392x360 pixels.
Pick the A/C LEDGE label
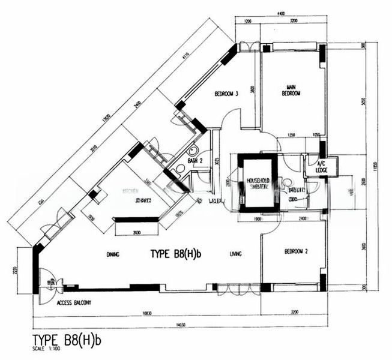314,167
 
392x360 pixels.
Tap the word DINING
112,254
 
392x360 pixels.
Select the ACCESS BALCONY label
74,304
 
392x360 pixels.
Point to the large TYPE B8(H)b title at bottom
67,340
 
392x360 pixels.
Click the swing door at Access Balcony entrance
48,285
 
